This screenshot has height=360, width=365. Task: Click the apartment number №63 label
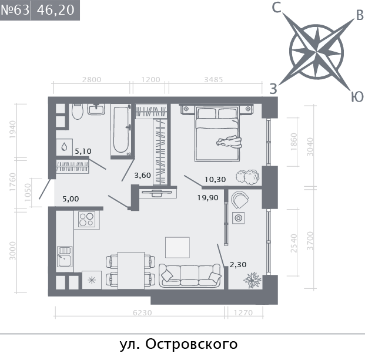coord(15,11)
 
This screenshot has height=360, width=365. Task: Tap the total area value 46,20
coord(56,11)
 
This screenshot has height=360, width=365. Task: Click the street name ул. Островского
coord(178,344)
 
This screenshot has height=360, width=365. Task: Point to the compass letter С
coord(277,8)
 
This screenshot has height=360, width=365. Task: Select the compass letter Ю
coord(356,97)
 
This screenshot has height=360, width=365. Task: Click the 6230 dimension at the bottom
coord(142,313)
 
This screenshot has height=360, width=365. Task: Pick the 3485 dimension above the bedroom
coord(212,80)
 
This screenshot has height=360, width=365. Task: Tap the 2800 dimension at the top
coord(92,80)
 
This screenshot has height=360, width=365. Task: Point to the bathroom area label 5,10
coord(82,151)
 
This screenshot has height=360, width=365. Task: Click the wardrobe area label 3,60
coord(143,174)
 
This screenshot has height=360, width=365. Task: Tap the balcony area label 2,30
coord(237,265)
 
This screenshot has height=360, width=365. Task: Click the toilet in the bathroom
coord(77,112)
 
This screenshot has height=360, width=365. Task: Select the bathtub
coord(122,129)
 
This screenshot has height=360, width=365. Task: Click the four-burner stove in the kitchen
coord(87,219)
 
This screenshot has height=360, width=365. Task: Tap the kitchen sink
coord(64,257)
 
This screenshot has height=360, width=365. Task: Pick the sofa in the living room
coord(190,275)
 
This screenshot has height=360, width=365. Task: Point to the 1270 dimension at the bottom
coord(243,313)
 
